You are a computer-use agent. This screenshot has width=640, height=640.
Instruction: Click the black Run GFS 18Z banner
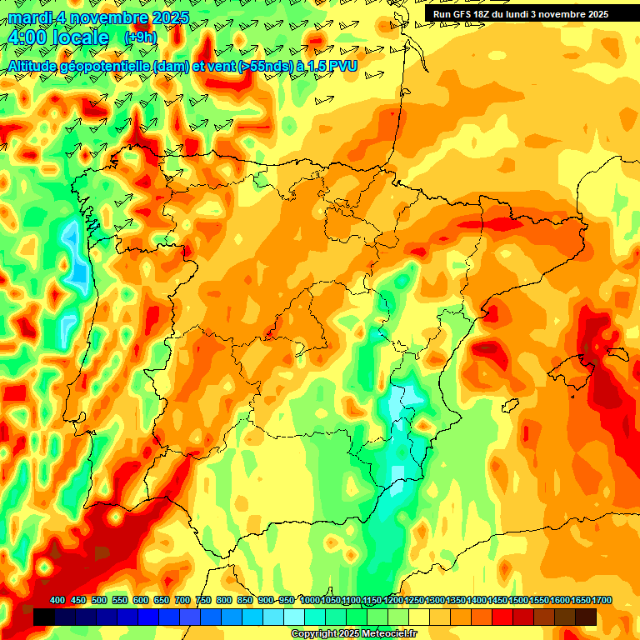pos(521,14)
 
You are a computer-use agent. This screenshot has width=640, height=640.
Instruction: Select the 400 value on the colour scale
pos(57,601)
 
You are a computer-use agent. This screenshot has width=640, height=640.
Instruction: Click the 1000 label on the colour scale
pos(310,601)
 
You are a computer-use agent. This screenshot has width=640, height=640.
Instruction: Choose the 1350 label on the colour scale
pos(457,601)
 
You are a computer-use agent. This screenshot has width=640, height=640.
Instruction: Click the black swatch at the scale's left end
pos(43,617)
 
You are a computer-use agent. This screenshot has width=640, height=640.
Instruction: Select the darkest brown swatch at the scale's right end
pos(586,617)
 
